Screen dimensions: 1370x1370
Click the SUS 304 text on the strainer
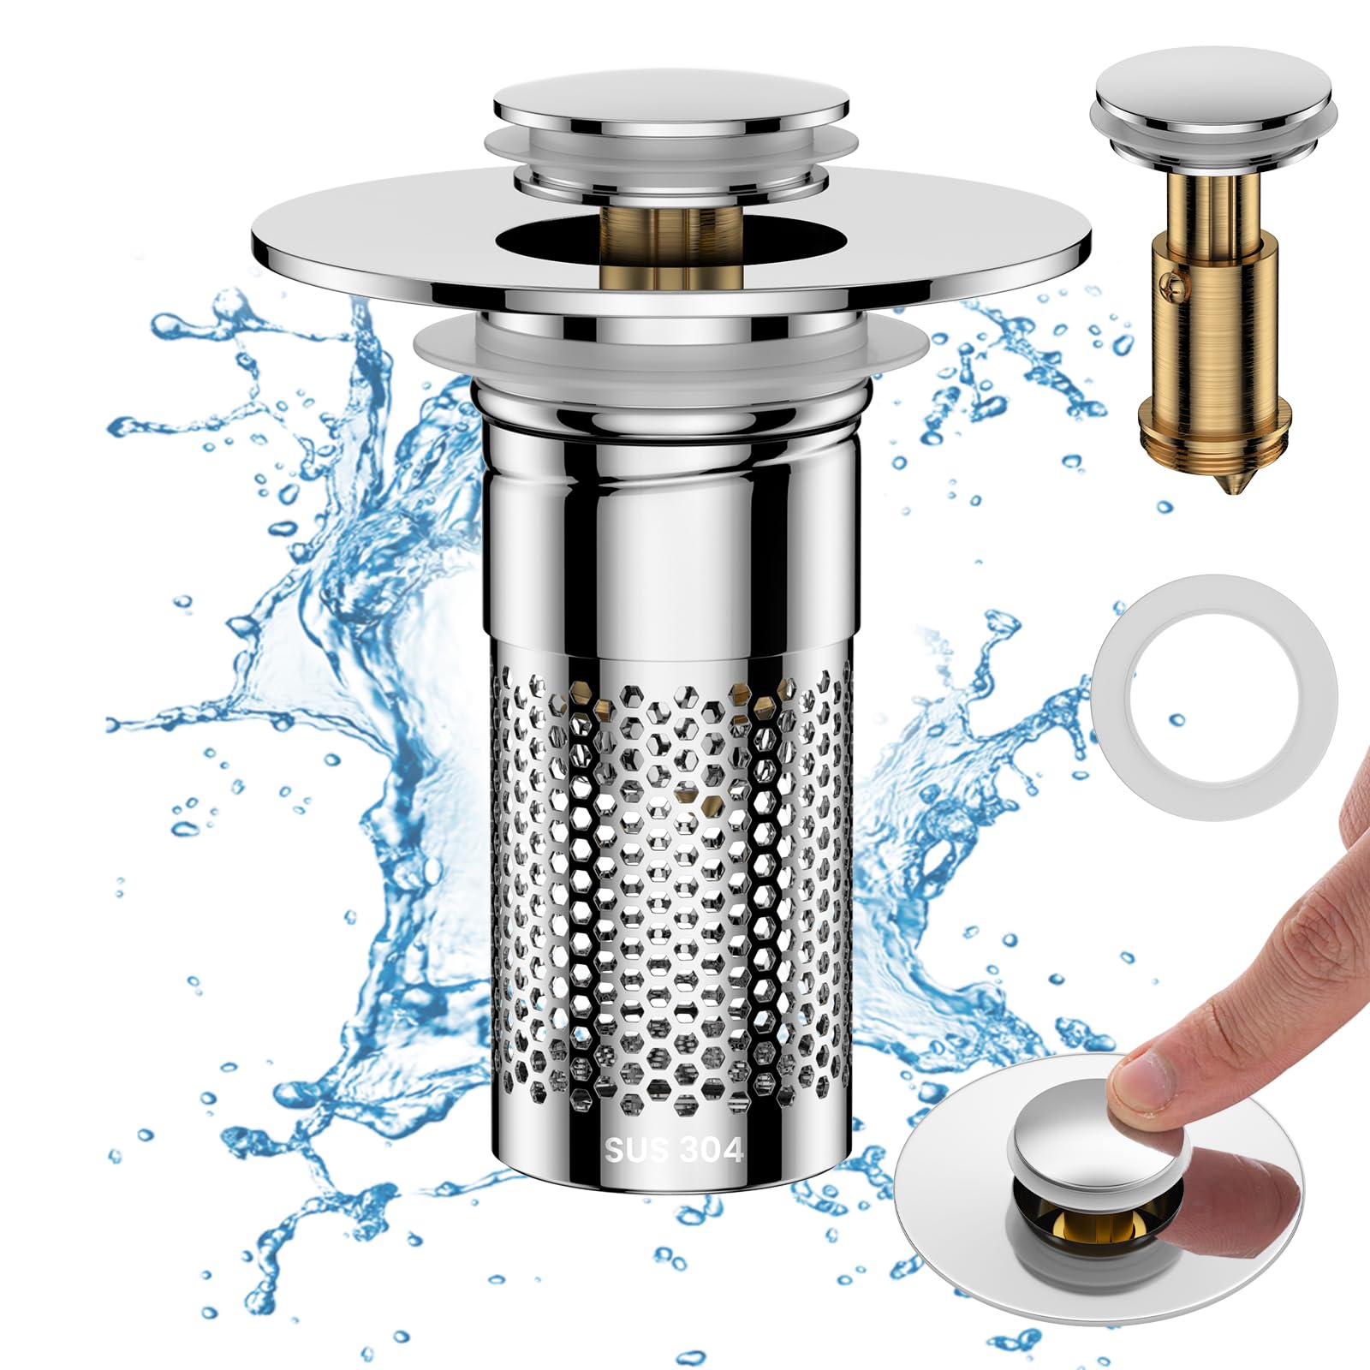(674, 1149)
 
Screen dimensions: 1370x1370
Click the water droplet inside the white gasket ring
(1176, 720)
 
